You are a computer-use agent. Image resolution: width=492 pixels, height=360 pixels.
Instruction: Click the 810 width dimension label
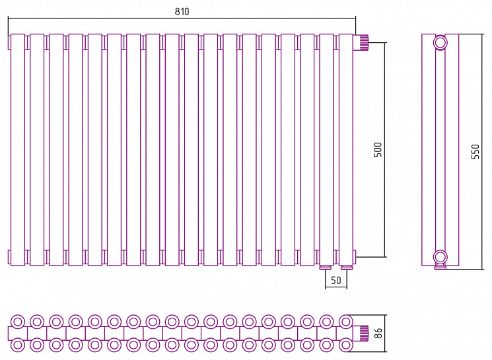point(182,12)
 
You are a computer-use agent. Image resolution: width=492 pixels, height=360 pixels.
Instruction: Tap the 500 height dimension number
point(378,150)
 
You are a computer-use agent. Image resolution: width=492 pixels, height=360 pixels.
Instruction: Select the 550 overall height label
point(475,151)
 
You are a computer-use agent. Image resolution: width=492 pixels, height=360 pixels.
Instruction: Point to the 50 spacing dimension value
point(336,280)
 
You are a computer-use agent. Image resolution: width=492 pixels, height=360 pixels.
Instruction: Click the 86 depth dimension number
point(378,333)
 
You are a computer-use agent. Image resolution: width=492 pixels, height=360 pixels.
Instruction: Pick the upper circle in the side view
point(440,42)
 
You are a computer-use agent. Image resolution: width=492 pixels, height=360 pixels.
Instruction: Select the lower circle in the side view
point(440,257)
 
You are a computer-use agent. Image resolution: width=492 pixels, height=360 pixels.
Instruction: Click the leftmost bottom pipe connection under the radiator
point(326,268)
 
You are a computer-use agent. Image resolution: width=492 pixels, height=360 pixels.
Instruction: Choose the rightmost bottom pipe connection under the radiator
point(347,268)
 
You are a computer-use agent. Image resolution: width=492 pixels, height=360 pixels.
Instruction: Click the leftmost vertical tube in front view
point(18,150)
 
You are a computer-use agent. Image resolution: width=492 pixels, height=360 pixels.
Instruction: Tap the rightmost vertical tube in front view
point(346,150)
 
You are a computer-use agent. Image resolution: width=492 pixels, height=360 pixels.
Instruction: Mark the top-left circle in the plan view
point(18,322)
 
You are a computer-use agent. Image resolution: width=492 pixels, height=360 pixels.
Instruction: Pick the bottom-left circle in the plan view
point(18,345)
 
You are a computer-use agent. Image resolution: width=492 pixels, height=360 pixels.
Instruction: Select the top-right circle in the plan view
point(346,322)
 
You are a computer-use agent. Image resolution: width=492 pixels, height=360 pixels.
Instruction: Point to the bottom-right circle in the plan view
point(346,345)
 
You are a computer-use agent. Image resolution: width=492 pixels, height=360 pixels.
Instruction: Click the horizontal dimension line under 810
point(182,18)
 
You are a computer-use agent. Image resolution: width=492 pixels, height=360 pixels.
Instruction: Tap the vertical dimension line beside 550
point(481,151)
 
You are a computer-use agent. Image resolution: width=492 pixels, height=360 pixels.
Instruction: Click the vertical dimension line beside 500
point(385,150)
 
